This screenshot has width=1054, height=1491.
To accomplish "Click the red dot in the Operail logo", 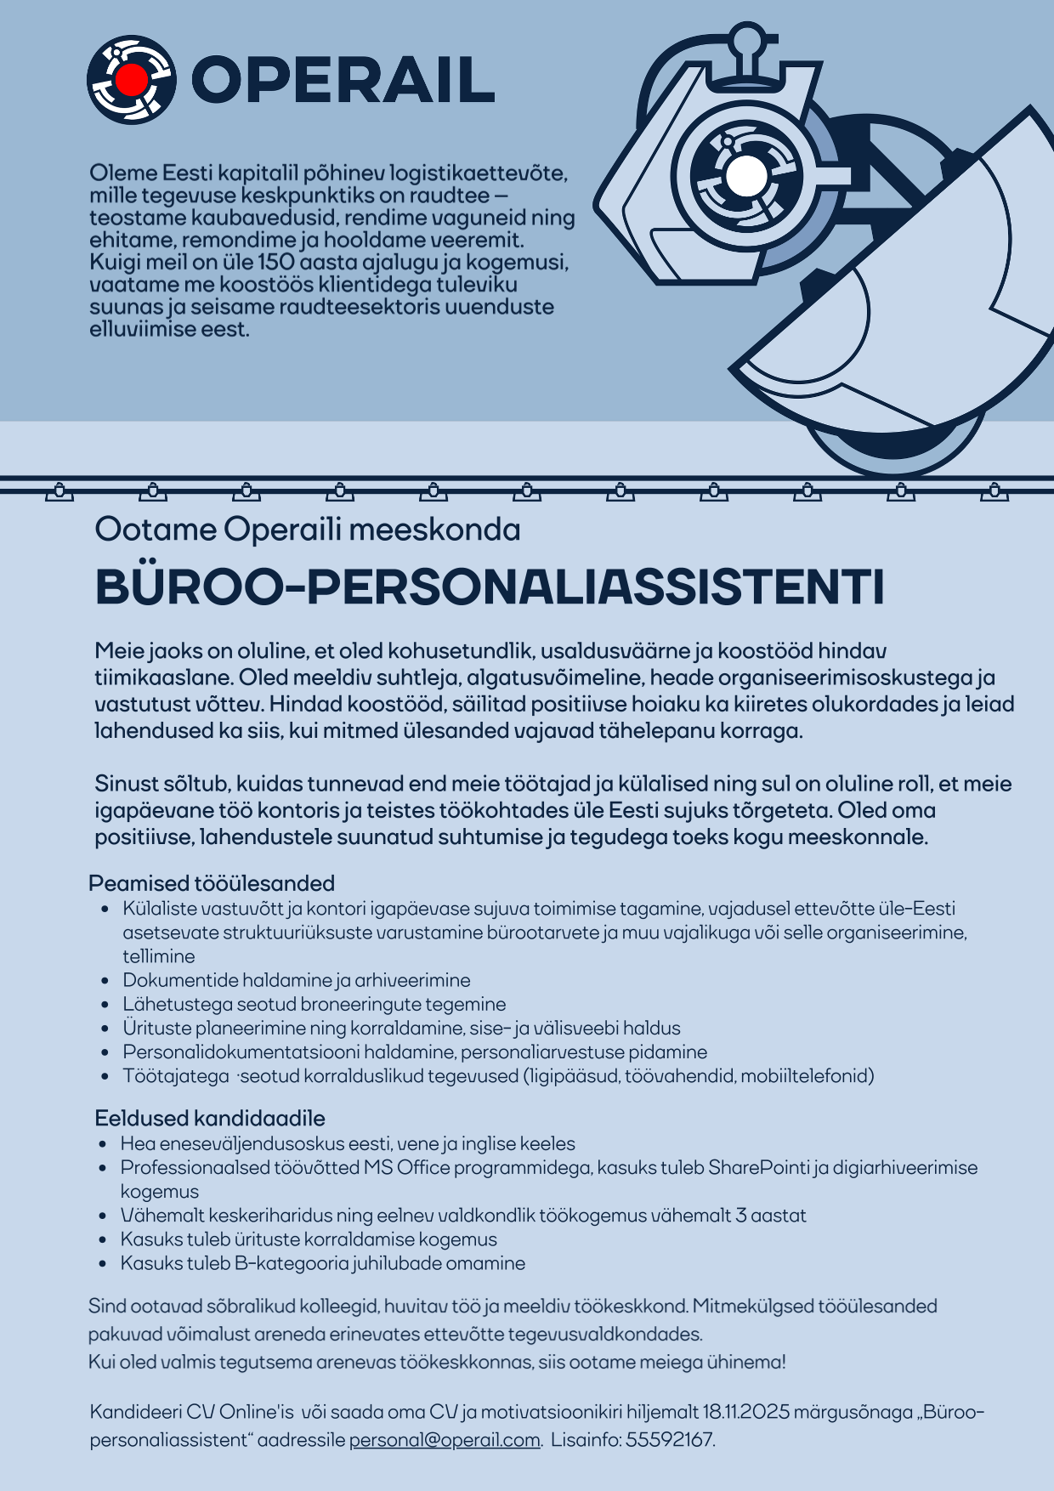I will (131, 80).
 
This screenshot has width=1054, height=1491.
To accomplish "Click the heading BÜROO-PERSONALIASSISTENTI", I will (490, 587).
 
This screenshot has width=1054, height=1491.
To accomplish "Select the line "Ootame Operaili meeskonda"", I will (308, 530).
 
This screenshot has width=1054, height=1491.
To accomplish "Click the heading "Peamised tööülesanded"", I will (212, 883).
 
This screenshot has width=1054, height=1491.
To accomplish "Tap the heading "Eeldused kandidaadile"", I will (210, 1118).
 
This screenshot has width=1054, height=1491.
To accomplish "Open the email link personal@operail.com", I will (445, 1440).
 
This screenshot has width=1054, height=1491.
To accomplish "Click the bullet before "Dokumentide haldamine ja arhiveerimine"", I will (105, 980).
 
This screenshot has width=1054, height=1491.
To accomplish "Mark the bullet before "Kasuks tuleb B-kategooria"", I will (103, 1263).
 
